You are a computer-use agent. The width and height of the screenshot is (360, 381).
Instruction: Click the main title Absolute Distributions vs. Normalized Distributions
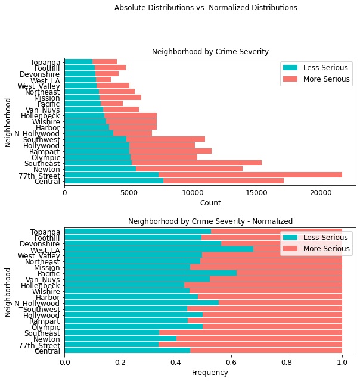click(206, 8)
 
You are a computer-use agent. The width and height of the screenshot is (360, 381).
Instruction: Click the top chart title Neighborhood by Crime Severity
click(210, 52)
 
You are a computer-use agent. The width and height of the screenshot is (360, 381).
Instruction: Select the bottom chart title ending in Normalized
click(210, 221)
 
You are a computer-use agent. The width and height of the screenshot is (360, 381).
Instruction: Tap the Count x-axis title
click(210, 203)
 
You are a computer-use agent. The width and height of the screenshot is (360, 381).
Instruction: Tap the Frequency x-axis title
click(210, 373)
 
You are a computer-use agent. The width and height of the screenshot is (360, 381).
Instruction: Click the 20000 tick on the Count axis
click(321, 193)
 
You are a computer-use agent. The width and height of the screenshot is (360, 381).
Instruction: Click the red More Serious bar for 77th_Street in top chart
click(250, 174)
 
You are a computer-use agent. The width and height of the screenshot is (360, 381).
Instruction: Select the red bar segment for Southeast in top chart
click(197, 163)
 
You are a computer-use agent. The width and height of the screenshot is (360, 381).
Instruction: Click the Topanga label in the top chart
click(46, 62)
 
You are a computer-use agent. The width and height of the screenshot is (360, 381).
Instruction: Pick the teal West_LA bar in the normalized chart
click(159, 249)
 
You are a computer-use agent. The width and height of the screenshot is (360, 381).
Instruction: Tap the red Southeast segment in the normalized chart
click(250, 332)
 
